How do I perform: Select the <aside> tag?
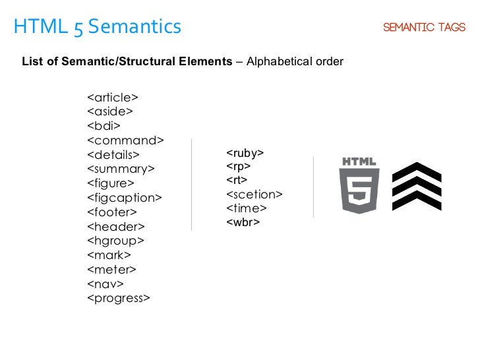(x=110, y=111)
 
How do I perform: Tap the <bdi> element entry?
(x=104, y=126)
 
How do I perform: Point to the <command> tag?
(x=125, y=140)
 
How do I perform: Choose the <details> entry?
(x=113, y=155)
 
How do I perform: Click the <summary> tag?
(x=121, y=169)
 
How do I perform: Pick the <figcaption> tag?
(x=124, y=198)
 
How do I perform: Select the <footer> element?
(x=112, y=212)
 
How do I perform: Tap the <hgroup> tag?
(x=115, y=241)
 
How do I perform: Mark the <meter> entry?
(x=111, y=269)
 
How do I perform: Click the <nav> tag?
(x=105, y=284)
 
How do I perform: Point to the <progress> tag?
(x=119, y=298)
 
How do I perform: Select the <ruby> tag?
(x=245, y=153)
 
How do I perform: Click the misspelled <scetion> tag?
(x=255, y=195)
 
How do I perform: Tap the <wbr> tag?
(x=243, y=222)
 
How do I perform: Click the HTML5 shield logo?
(x=359, y=185)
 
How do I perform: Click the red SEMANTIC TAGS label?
(x=424, y=28)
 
